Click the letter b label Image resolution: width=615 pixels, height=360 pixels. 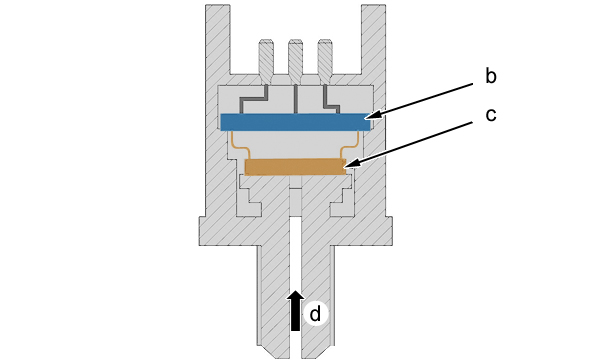click(491, 76)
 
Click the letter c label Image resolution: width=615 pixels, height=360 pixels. click(491, 115)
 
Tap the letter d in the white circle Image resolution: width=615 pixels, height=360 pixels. click(315, 314)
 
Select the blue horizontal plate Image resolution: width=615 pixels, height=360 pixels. click(295, 122)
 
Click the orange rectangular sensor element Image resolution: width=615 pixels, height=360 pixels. click(295, 167)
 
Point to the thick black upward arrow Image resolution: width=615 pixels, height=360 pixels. click(295, 311)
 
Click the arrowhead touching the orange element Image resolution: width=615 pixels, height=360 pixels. click(349, 165)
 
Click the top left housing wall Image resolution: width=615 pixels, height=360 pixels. click(218, 39)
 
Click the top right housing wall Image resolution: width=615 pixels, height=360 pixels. click(373, 39)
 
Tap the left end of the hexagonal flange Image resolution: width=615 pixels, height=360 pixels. click(199, 231)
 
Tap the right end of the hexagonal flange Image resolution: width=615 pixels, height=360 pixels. click(391, 231)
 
